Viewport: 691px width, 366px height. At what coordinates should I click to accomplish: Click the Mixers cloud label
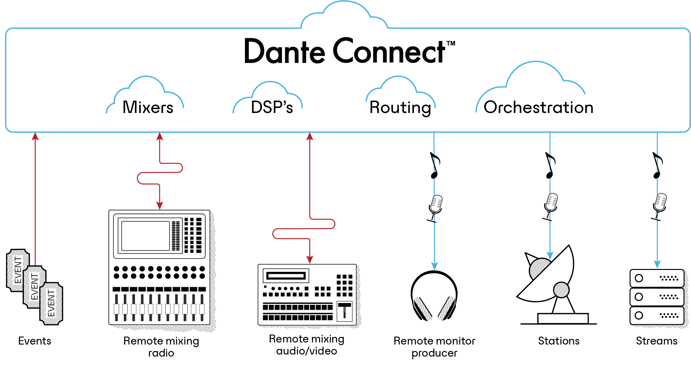pos(148,107)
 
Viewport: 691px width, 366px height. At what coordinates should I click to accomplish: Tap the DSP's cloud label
pos(272,107)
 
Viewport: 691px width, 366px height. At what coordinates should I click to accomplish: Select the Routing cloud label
pos(400,107)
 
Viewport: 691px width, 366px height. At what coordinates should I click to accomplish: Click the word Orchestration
pos(538,107)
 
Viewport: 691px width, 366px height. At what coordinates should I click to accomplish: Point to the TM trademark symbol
pos(451,44)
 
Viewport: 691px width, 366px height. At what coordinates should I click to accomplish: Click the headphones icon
pos(434,296)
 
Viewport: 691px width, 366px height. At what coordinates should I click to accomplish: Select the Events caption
pos(35,341)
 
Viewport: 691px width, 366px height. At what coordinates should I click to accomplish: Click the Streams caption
pos(657,341)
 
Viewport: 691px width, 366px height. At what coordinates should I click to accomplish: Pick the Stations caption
pos(559,341)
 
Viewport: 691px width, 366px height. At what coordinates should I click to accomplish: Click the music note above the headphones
pos(435,165)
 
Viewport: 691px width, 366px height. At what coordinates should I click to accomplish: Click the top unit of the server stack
pos(657,278)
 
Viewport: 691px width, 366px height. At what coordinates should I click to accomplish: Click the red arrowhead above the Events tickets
pos(35,136)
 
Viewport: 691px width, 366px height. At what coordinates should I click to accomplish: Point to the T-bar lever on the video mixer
pos(345,310)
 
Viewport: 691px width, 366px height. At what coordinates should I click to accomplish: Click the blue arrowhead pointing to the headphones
pos(435,266)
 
